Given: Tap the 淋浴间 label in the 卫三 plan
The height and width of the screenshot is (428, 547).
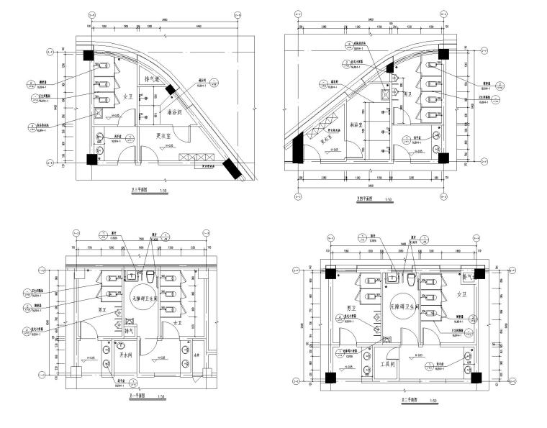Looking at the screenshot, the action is point(178,112).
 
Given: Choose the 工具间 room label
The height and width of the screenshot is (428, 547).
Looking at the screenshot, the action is point(390,364).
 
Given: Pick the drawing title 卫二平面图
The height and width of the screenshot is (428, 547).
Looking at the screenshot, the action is point(406,400).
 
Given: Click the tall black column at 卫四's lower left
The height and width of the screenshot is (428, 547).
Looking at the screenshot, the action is point(297,152).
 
